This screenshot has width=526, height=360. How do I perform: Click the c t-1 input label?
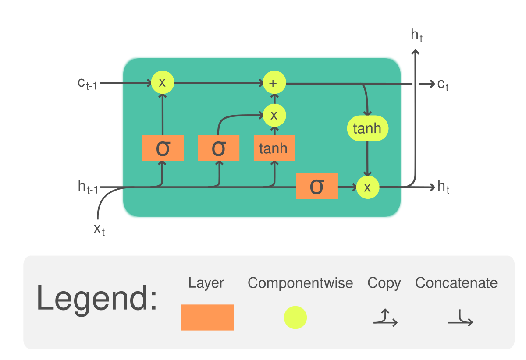[x=88, y=83]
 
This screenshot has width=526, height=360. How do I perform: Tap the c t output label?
[x=443, y=84]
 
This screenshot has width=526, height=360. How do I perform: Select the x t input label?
[x=100, y=229]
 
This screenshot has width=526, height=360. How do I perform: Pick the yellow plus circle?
[x=274, y=83]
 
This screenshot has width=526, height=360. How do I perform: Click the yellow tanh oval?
[x=367, y=129]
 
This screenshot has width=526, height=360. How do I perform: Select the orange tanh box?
[x=274, y=148]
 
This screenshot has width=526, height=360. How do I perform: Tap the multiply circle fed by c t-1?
[x=163, y=82]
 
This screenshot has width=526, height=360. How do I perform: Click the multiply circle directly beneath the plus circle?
[x=274, y=115]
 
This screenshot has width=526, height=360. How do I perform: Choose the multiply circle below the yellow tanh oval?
[x=367, y=187]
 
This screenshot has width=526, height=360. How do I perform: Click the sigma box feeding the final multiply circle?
[x=316, y=187]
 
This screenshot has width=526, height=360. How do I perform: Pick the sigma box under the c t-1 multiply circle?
[x=163, y=148]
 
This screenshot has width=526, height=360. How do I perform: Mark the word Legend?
[x=96, y=298]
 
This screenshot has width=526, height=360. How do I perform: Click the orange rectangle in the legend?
[x=207, y=318]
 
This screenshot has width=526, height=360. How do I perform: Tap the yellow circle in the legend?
[x=295, y=318]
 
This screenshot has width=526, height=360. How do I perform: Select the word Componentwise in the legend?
[x=300, y=283]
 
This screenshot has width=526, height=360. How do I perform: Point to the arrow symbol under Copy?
[x=385, y=318]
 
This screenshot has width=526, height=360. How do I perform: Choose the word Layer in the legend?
[x=206, y=283]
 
